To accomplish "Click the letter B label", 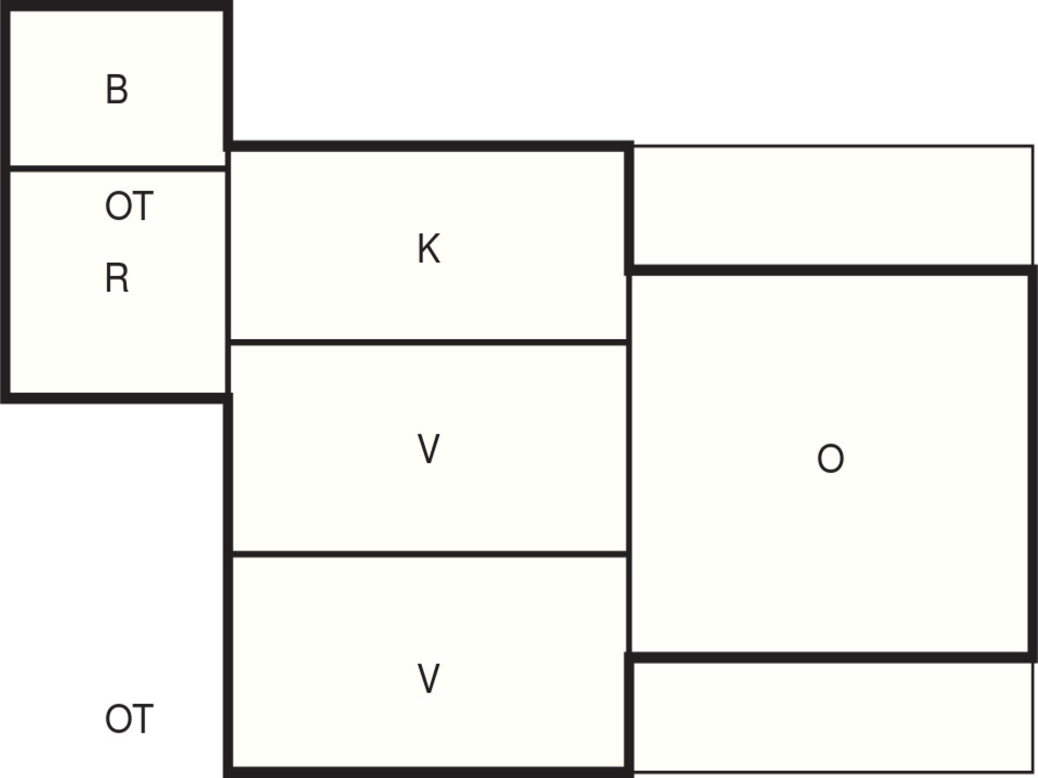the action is click(x=117, y=90).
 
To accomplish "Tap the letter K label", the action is click(x=429, y=249).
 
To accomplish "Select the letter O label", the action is click(x=830, y=459).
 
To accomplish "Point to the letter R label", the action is click(x=117, y=278).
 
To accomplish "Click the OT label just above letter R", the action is click(x=129, y=206).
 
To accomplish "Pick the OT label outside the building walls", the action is click(x=129, y=719).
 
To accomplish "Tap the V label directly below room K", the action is click(x=429, y=449).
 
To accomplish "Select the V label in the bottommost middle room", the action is click(x=429, y=679).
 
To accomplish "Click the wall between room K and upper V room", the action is click(x=429, y=342).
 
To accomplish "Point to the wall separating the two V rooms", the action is click(x=429, y=554).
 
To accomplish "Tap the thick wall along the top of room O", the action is click(x=831, y=270).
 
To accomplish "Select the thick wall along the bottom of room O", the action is click(x=831, y=658).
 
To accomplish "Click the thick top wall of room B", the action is click(x=116, y=5).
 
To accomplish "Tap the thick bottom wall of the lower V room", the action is click(x=429, y=772).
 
